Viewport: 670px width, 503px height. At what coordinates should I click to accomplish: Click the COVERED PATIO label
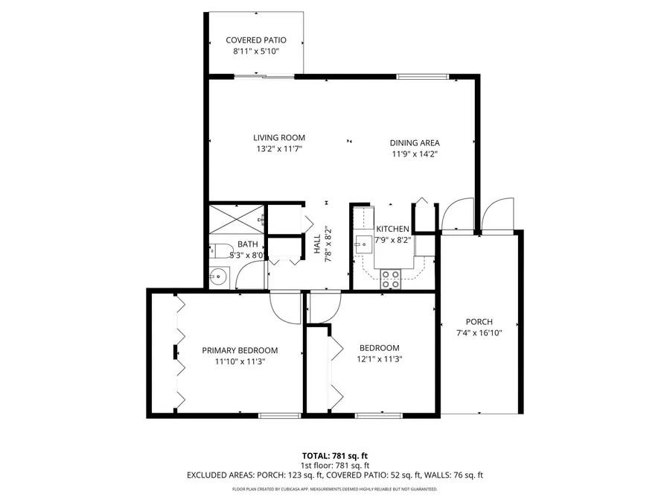coord(255,40)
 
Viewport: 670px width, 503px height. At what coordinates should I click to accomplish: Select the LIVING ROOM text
coord(279,138)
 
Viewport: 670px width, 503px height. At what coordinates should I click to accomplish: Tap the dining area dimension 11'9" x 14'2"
coord(415,154)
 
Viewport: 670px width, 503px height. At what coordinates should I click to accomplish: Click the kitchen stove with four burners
coord(391,279)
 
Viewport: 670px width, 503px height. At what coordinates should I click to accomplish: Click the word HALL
coord(316,244)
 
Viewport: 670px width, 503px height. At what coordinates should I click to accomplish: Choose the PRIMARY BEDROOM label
coord(240,350)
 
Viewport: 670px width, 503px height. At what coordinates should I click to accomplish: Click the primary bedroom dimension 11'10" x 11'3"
coord(240,361)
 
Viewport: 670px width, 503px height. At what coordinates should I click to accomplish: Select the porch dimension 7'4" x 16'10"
coord(479,333)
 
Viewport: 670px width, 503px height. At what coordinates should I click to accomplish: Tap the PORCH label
coord(479,322)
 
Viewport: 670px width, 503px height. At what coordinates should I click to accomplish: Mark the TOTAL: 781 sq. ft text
coord(335,455)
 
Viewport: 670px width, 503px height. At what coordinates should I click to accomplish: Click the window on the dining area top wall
coord(421,76)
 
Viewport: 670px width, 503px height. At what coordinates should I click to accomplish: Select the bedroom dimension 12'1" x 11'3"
coord(379,359)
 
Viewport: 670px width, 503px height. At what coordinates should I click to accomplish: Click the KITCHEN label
coord(392,229)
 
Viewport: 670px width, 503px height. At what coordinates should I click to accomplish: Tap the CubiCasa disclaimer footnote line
coord(335,490)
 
